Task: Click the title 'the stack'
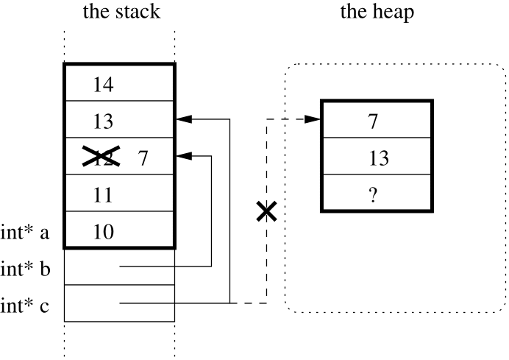pos(120,13)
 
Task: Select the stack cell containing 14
pos(119,82)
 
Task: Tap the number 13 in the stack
pos(104,120)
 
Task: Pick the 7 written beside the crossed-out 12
pos(144,156)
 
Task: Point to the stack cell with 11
pos(119,194)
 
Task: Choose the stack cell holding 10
pos(119,231)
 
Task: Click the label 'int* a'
pos(25,233)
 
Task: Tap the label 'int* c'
pos(25,305)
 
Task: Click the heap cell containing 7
pos(376,120)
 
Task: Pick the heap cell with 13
pos(376,157)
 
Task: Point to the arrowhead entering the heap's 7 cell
pos(315,119)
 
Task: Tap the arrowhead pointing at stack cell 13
pos(182,119)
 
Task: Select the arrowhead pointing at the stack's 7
pos(182,156)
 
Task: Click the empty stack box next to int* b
pos(119,267)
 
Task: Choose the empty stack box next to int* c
pos(119,303)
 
